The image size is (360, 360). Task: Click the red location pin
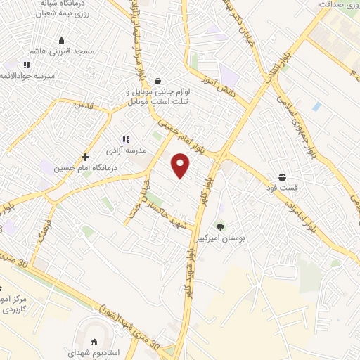[181, 165]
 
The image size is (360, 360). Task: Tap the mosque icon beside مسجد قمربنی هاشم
[61, 40]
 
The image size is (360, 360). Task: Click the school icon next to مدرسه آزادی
[126, 139]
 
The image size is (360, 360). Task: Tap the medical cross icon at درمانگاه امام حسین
[86, 157]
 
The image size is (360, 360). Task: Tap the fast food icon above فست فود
[282, 177]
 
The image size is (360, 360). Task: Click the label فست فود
[282, 188]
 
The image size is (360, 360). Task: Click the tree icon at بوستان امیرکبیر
[221, 227]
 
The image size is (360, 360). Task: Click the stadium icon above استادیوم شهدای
[94, 341]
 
